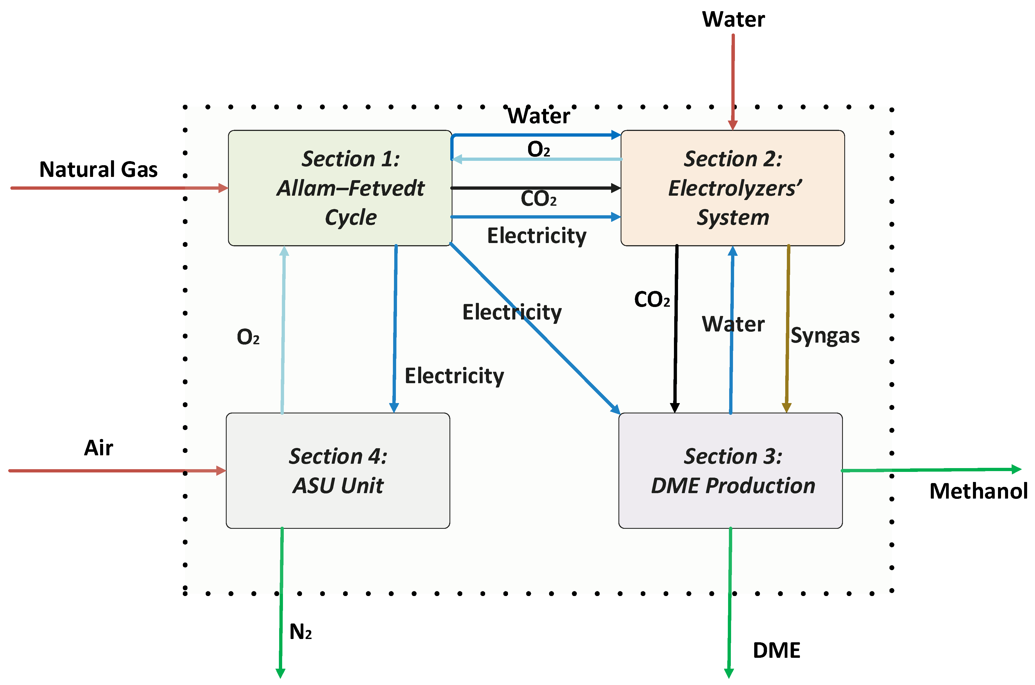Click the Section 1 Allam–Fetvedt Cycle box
[x=340, y=188]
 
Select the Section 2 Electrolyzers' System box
[x=732, y=188]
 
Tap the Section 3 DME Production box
[x=730, y=471]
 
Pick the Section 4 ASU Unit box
[x=338, y=471]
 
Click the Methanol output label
[x=978, y=491]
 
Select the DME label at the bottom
[x=776, y=650]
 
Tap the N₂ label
[x=300, y=632]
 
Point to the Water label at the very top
[x=733, y=19]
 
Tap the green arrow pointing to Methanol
[x=930, y=470]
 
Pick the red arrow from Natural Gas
[x=118, y=188]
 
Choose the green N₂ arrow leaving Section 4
[x=281, y=603]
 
